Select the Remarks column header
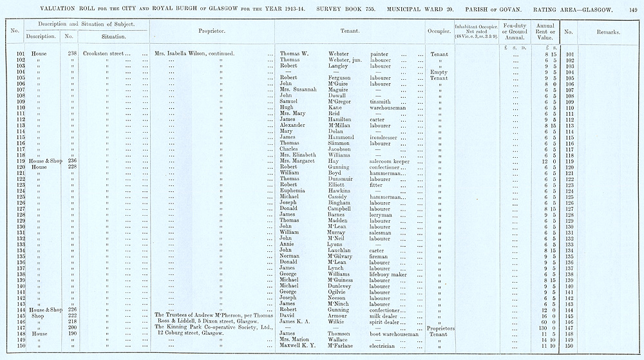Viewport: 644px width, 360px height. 608,31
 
